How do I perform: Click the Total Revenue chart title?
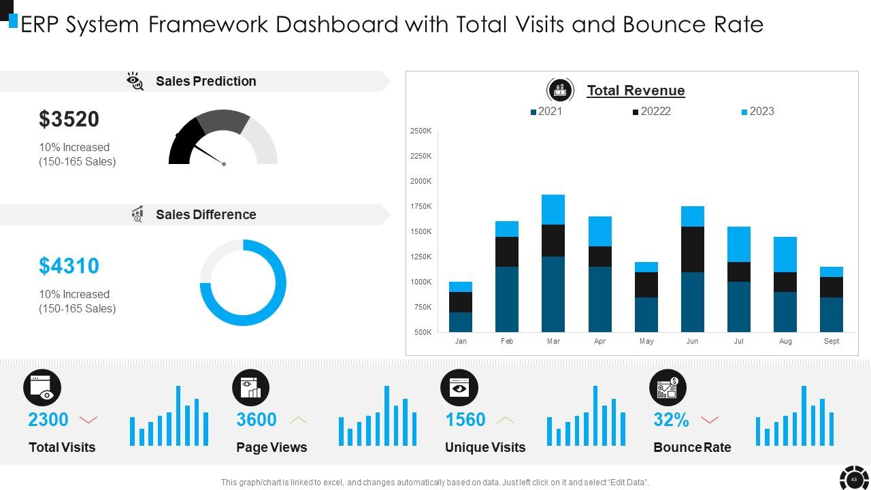coord(636,91)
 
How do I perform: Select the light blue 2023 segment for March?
coord(553,210)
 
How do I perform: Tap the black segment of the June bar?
coord(692,249)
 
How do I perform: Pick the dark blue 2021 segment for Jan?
coord(461,322)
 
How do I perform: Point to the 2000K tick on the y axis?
coord(421,181)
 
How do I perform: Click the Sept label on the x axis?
coord(832,341)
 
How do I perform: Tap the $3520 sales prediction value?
coord(69,119)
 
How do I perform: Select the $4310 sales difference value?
coord(69,266)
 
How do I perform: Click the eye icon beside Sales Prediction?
coord(135,82)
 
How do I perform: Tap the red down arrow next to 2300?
coord(88,420)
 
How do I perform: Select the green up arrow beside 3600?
coord(298,420)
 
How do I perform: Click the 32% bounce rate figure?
coord(671,420)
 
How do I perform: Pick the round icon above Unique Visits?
coord(459,388)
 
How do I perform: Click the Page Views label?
coord(272,447)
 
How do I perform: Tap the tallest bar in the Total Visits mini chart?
coord(178,416)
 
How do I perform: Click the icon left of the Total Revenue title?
coord(560,90)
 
